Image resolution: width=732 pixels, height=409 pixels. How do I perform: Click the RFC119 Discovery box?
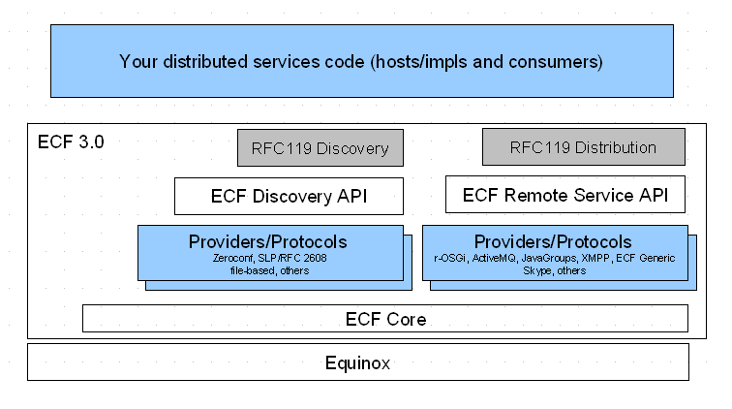point(320,147)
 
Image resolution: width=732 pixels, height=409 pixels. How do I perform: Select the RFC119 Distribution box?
point(584,146)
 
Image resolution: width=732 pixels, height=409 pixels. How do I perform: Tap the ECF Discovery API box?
point(289,197)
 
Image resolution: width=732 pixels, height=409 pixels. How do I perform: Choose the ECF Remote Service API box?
point(565,195)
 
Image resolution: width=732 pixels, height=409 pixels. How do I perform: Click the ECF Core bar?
point(385,318)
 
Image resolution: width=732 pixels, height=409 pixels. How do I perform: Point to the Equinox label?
point(357,362)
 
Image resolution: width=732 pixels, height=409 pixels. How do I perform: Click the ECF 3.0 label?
point(71,142)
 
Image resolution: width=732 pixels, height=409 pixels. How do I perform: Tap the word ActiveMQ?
point(495,258)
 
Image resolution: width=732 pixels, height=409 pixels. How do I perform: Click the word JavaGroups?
point(549,258)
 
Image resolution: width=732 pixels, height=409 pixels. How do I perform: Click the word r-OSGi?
point(450,258)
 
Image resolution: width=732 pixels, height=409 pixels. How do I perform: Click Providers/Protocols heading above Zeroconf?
point(268,241)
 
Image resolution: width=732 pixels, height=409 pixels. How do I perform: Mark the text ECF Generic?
point(646,258)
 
